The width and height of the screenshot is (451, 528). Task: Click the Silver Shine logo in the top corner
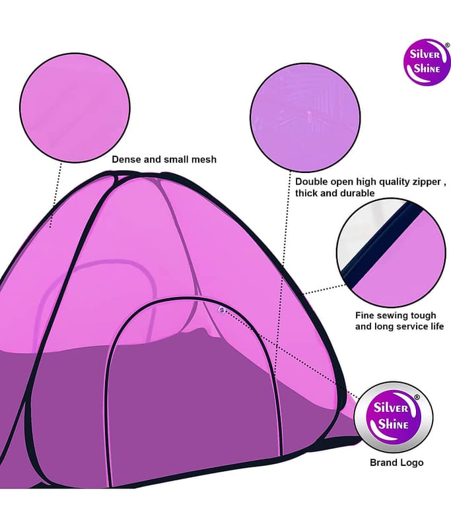[x=427, y=62]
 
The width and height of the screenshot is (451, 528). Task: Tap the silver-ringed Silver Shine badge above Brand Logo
[x=394, y=417]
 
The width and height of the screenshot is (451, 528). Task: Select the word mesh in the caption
[x=204, y=159]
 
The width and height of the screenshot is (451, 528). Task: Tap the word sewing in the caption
[x=395, y=316]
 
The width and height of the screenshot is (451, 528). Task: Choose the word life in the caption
[x=436, y=326]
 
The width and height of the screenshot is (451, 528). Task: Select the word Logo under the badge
[x=411, y=463]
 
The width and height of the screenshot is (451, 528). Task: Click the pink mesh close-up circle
[x=75, y=108]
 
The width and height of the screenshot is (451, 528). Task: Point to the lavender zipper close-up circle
[x=305, y=117]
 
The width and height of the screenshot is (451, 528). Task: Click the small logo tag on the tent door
[x=221, y=310]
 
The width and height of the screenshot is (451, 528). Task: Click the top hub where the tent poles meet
[x=118, y=176]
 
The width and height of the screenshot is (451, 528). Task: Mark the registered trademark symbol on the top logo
[x=447, y=45]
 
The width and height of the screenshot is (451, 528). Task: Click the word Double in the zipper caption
[x=311, y=182]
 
